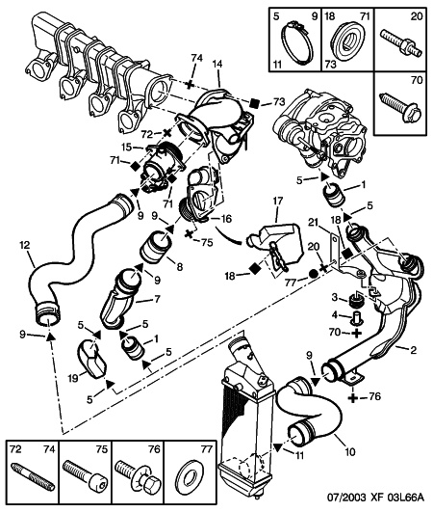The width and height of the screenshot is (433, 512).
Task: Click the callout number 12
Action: coord(24,245)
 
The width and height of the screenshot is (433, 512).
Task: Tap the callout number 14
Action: coord(217,65)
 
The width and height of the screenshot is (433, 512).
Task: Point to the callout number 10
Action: coord(349,452)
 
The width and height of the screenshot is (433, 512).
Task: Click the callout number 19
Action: coord(73,378)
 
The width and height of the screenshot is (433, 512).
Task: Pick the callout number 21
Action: coord(314,223)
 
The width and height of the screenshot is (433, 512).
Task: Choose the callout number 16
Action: coord(226,219)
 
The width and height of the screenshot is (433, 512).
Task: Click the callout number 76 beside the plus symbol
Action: coord(374,396)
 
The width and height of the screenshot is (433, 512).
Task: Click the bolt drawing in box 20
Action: coord(402,44)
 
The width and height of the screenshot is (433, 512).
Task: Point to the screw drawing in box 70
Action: coord(400,107)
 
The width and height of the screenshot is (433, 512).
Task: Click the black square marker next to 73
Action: coord(254,103)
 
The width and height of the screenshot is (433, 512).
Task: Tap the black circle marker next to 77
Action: coord(314,274)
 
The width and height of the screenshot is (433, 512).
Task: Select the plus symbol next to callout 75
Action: coord(189,233)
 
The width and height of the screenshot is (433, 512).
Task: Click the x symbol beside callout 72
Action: coord(167,133)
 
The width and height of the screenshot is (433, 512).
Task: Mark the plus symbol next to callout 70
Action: coord(357,334)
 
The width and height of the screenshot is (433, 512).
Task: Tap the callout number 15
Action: coord(128,148)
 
